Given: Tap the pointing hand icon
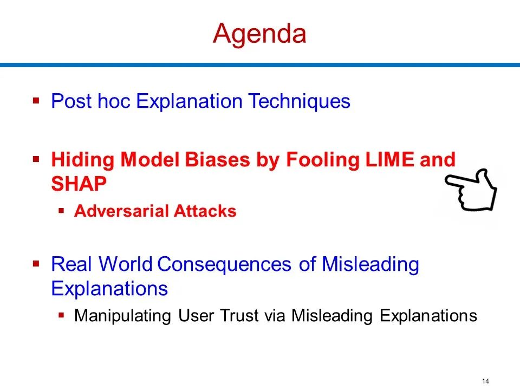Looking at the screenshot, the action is [471, 190].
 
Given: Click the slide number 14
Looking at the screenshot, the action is [485, 381].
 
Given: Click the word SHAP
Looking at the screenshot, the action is [79, 184].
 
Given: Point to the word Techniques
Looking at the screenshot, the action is [299, 101].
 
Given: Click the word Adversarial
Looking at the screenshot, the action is [121, 211].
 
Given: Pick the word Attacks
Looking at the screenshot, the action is [205, 211].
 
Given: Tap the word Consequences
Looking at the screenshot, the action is [224, 264].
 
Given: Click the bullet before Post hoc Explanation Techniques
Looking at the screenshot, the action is [36, 100].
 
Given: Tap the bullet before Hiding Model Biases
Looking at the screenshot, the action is [36, 159].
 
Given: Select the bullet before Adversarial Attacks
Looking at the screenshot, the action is [61, 211].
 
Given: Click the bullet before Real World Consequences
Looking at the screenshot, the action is [36, 264].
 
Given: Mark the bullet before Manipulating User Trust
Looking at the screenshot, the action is [61, 315].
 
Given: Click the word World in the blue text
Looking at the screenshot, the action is [125, 264].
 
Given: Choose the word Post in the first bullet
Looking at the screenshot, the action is [71, 101].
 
